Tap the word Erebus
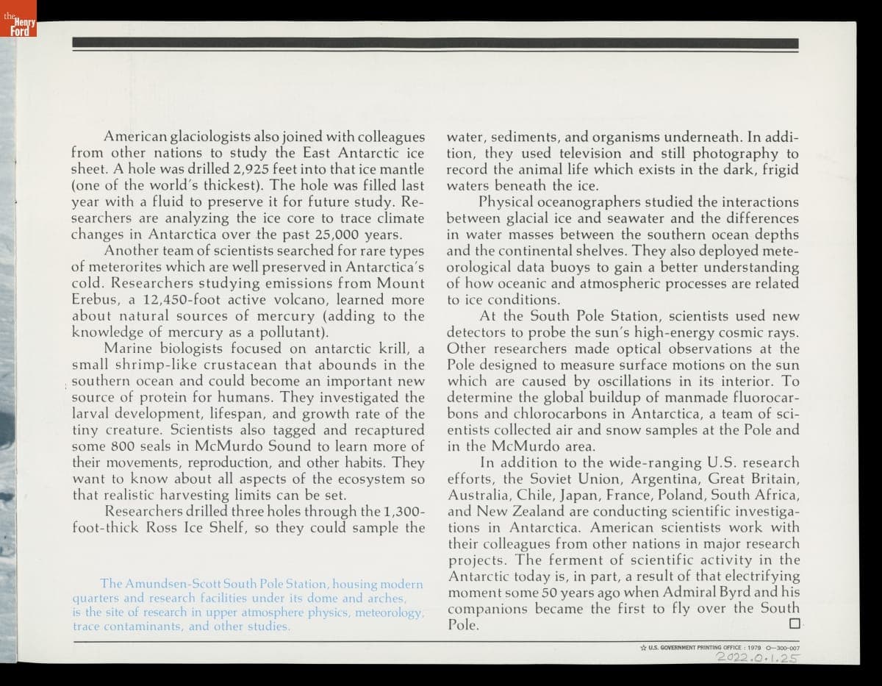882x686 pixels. pos(96,300)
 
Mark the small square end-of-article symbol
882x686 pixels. pos(793,624)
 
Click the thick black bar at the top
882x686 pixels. pos(435,43)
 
